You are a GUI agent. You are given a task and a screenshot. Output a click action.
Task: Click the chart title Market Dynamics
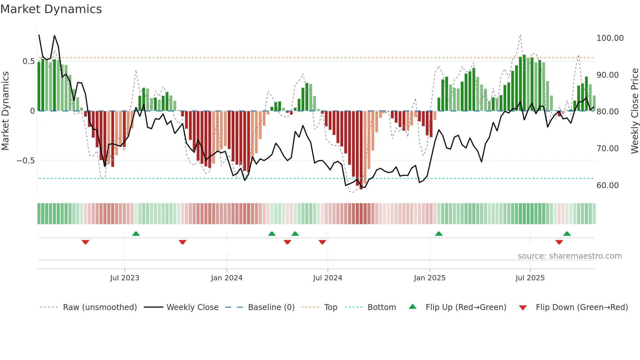tap(51, 9)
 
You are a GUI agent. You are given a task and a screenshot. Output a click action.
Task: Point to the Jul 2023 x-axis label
tap(124, 278)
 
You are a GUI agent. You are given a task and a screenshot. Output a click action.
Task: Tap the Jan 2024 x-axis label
tap(227, 278)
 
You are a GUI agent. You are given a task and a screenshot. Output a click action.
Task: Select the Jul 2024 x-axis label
tap(328, 278)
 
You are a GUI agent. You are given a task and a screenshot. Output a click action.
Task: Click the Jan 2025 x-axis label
tap(429, 278)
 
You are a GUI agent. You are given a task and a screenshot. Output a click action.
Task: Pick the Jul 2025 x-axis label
tap(530, 278)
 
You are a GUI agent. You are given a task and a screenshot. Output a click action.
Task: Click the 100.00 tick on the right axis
tap(610, 38)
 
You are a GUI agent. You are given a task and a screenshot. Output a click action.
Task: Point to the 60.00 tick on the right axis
tap(607, 186)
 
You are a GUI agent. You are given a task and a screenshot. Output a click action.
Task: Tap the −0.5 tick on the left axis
tap(25, 161)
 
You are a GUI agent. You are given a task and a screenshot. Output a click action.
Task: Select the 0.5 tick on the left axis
tap(28, 61)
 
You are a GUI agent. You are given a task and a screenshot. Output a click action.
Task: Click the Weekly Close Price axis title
tap(634, 111)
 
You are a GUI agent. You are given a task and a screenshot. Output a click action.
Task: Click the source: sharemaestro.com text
tap(569, 256)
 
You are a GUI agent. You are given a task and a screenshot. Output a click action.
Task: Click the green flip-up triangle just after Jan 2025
tap(439, 234)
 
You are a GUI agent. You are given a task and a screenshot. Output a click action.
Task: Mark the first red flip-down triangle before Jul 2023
tap(86, 242)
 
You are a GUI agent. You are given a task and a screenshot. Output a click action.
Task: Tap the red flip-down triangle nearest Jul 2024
tap(322, 242)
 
